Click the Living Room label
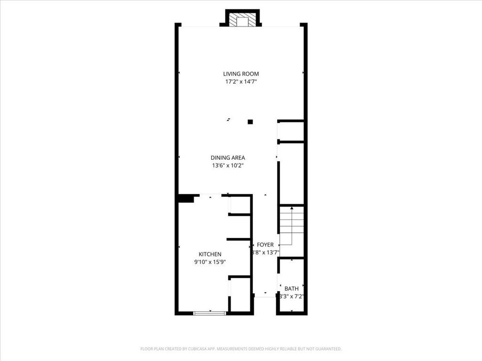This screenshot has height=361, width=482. tap(241, 74)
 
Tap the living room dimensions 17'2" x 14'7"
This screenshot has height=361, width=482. tap(241, 81)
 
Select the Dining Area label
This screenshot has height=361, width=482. tap(228, 158)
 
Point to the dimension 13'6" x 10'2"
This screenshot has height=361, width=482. tap(228, 165)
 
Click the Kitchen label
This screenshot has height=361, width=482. tap(210, 254)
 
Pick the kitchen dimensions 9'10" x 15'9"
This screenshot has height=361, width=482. tap(210, 262)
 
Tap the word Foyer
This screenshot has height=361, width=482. tap(265, 245)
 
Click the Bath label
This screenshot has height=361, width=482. tap(291, 289)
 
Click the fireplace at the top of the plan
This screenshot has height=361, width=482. tap(242, 20)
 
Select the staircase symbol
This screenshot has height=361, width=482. tap(291, 225)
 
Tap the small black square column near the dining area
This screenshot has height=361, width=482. tap(250, 122)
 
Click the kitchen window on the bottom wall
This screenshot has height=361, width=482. tap(210, 313)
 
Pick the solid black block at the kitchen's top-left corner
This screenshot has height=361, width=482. tap(186, 198)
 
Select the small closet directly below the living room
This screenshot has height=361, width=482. tap(291, 131)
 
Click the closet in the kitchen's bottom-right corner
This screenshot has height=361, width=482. tap(241, 294)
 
